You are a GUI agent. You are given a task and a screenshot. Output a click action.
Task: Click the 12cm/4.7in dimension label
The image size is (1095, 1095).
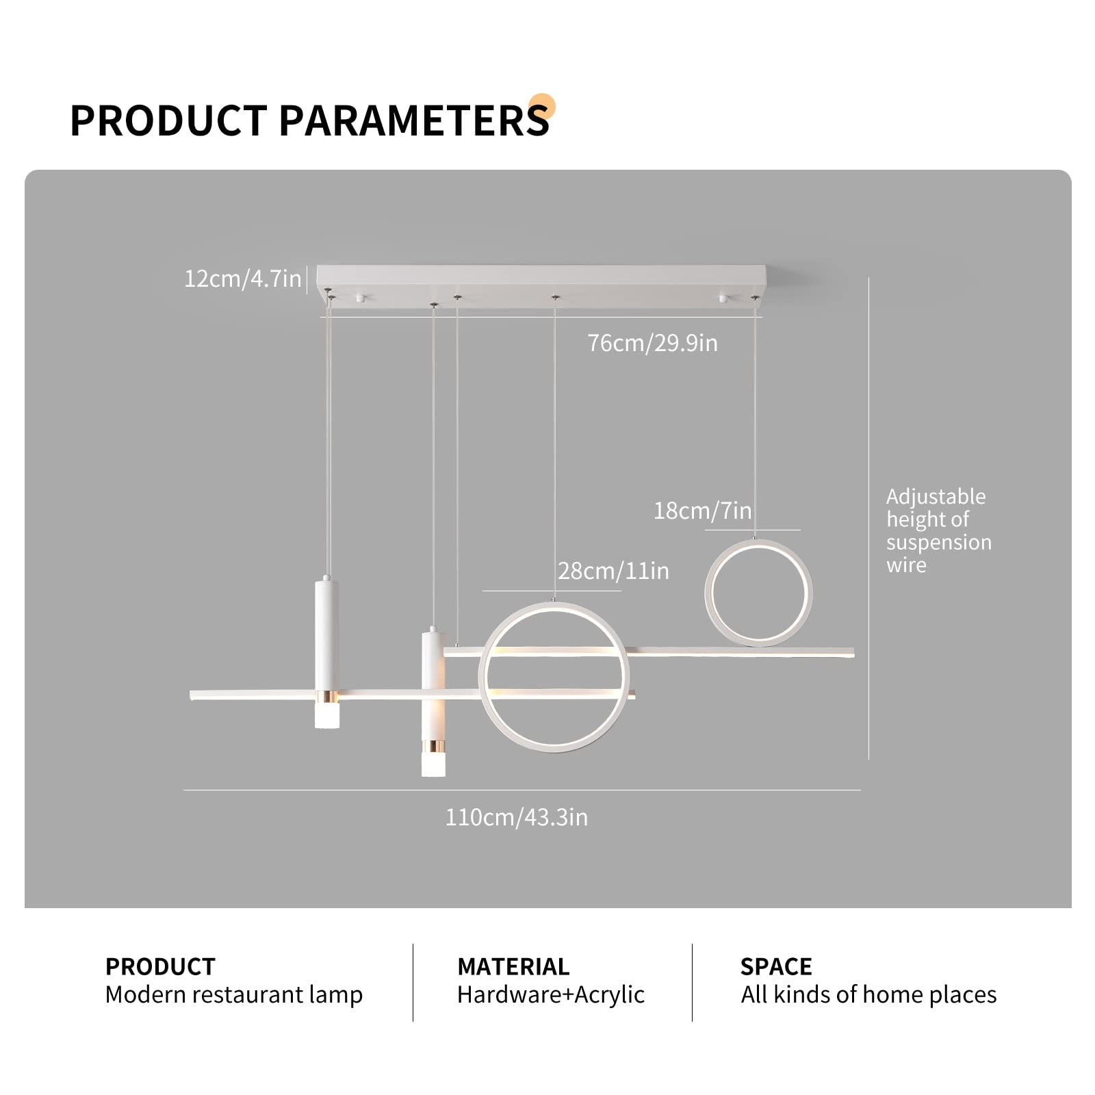(243, 279)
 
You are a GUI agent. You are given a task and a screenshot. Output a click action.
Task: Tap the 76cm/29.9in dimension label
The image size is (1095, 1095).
(652, 343)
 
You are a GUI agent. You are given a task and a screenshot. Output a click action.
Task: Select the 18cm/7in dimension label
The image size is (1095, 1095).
(702, 511)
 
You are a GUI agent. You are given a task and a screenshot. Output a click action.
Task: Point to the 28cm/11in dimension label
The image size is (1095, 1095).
(613, 571)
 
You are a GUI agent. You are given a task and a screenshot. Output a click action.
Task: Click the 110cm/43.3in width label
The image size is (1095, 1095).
(517, 817)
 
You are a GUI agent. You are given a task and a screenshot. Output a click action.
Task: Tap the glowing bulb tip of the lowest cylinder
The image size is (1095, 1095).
(433, 764)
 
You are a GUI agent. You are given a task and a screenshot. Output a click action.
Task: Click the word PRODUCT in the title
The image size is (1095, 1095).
(168, 121)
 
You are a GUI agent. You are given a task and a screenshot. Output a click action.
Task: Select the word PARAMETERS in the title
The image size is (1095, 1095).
(414, 121)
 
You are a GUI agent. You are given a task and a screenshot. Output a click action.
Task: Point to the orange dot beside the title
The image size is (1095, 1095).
(542, 107)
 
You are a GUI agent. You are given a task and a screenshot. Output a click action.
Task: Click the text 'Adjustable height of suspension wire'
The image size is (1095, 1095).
(938, 530)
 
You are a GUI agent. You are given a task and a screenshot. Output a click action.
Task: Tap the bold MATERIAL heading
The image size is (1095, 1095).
(513, 966)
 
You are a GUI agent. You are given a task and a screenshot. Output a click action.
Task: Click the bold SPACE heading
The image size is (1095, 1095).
(776, 966)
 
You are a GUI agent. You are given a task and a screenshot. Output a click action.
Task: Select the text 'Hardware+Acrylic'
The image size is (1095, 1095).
(551, 994)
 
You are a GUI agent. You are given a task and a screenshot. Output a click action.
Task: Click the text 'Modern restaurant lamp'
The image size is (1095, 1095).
(234, 994)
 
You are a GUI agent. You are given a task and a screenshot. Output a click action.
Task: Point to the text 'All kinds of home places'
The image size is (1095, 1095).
(868, 994)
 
